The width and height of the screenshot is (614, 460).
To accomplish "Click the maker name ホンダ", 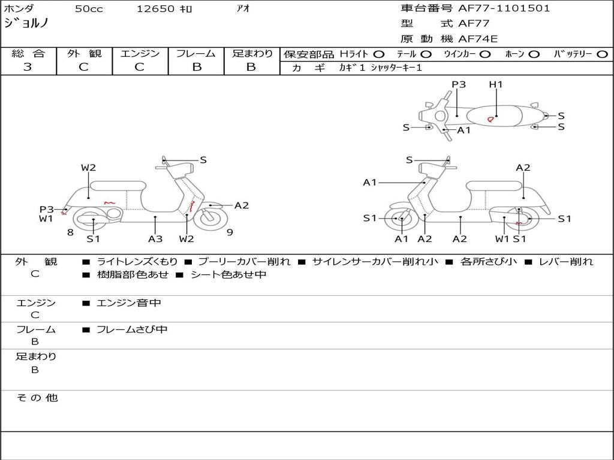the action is pos(19,9).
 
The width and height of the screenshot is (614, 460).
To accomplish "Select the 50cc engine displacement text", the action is pos(88,9).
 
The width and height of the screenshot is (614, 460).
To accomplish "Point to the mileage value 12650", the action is pos(155,9).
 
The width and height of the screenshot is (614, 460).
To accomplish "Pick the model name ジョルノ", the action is pos(26,24).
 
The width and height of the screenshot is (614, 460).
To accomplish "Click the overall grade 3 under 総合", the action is pos(28,67).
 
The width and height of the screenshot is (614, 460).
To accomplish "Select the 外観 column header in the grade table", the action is pos(84,54).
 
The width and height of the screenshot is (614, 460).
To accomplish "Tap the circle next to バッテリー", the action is pos(603,55).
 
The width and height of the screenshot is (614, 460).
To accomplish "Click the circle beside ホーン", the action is pos(534,55).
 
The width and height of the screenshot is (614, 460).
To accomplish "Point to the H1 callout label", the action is pos(496,84).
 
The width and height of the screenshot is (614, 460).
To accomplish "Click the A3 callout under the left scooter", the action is pos(155,238).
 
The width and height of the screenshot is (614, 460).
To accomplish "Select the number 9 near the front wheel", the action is pos(230,232).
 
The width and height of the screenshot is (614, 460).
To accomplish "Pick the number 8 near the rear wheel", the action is pos(70,232).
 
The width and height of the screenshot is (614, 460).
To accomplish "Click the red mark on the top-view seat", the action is pos(490,119).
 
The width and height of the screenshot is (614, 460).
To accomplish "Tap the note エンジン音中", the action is pos(128,303).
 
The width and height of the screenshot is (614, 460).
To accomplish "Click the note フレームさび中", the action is pos(132,329).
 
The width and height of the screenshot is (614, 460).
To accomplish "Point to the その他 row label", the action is pos(37,398).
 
